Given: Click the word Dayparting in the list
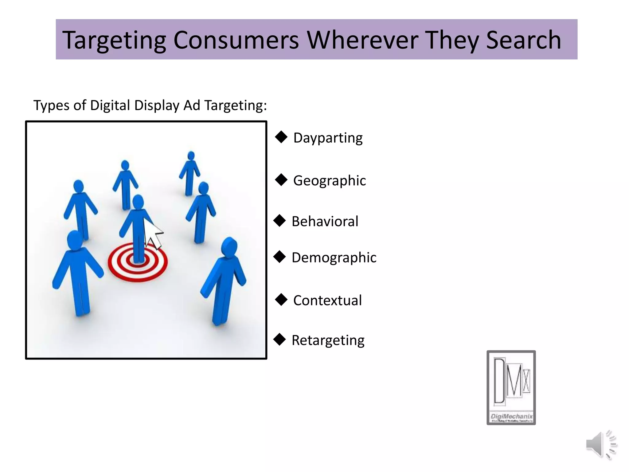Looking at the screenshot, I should pyautogui.click(x=328, y=138).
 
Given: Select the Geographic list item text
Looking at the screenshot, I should pyautogui.click(x=329, y=181).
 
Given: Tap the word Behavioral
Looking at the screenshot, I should pyautogui.click(x=325, y=222).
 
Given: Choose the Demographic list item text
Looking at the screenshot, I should pyautogui.click(x=334, y=258).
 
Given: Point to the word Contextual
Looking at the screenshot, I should pyautogui.click(x=327, y=301).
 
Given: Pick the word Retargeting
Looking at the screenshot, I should pyautogui.click(x=328, y=340).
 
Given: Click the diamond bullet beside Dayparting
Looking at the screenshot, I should pyautogui.click(x=281, y=137).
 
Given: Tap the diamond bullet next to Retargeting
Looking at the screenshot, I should pyautogui.click(x=279, y=340).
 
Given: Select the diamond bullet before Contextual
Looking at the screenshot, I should pyautogui.click(x=281, y=300).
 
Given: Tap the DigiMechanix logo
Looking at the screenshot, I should pyautogui.click(x=511, y=387).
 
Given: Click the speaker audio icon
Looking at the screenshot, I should pyautogui.click(x=600, y=444).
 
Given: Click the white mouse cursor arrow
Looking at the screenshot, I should pyautogui.click(x=154, y=235).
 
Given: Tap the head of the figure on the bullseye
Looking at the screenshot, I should pyautogui.click(x=138, y=202).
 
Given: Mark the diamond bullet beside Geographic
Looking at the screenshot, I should pyautogui.click(x=281, y=180).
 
